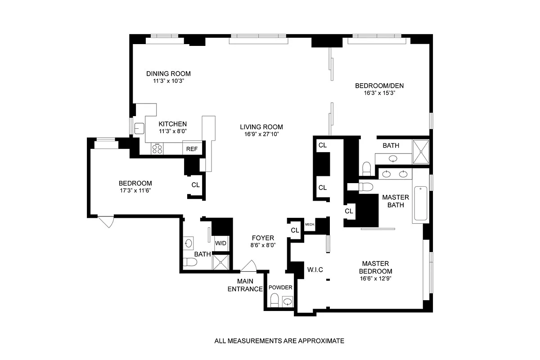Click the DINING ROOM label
pos(169,74)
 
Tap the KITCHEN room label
pos(172,124)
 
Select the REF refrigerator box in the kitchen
pos(192,149)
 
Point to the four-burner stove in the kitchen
pos(157,148)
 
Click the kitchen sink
pos(139,128)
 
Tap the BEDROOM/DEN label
pos(375,86)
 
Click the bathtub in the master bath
pos(421,204)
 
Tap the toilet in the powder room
pos(274,300)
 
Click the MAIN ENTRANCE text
pos(245,285)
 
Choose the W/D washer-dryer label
pos(220,243)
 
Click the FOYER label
pos(263,238)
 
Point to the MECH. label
pos(309,224)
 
